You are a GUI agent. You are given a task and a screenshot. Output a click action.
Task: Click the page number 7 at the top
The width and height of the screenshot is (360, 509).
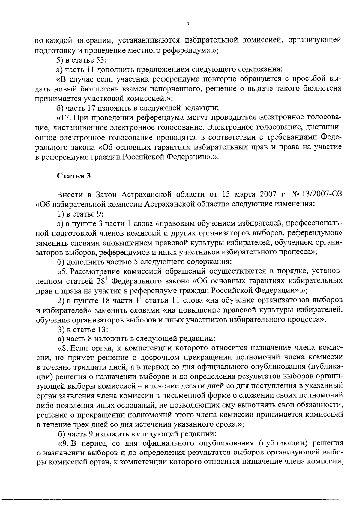(x=187, y=25)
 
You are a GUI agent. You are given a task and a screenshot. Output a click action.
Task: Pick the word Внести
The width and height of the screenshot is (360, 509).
(x=70, y=195)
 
